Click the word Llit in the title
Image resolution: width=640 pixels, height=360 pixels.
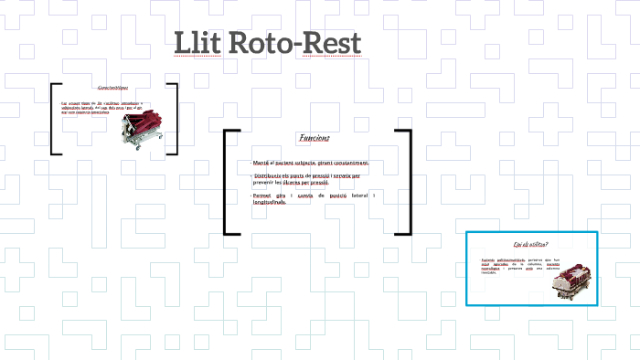[x=198, y=44]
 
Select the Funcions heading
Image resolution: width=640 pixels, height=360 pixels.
[x=314, y=138]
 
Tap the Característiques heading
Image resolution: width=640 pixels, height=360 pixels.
[x=112, y=88]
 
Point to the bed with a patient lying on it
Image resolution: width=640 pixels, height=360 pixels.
[x=573, y=280]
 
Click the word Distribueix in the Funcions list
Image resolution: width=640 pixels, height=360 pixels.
[x=272, y=174]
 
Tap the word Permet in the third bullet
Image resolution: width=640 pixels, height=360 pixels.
[x=263, y=195]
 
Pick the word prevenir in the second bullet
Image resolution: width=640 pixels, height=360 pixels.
[x=265, y=182]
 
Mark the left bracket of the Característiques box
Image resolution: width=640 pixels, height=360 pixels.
[x=54, y=119]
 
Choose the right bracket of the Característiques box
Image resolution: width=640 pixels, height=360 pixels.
[x=174, y=119]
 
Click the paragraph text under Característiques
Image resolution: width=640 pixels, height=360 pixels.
[x=91, y=107]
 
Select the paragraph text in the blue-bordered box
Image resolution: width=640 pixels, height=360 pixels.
[x=514, y=266]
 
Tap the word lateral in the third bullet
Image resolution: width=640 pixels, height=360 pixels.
[x=358, y=195]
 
